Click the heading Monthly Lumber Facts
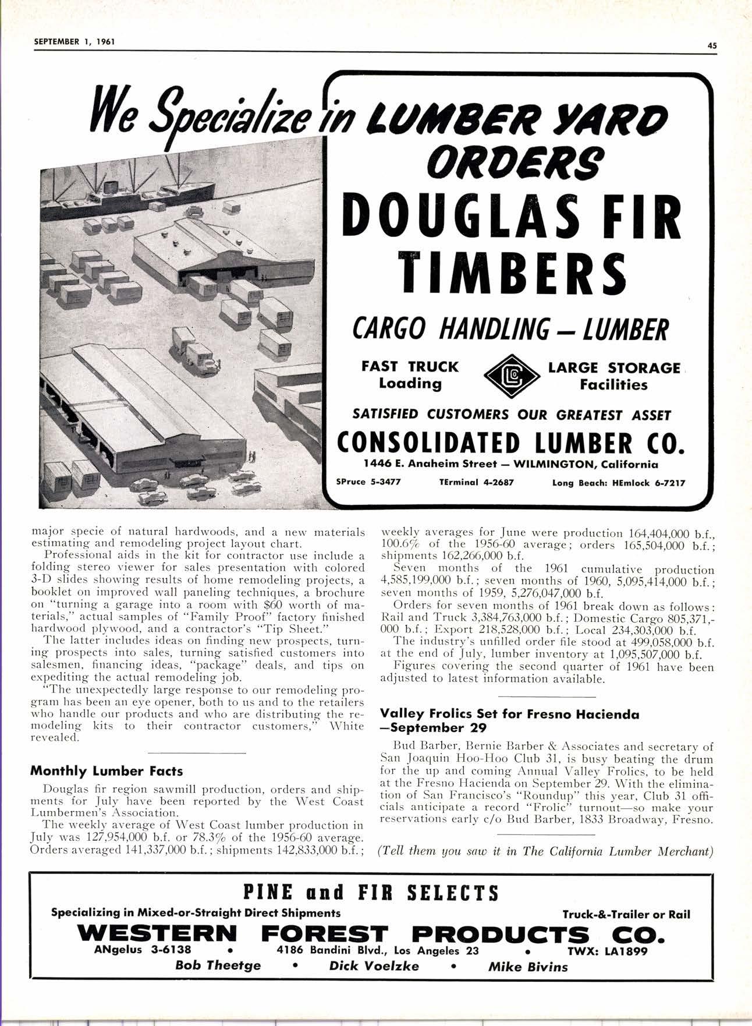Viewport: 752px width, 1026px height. point(106,771)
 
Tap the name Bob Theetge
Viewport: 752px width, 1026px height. point(218,965)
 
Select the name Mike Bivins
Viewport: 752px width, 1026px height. point(527,967)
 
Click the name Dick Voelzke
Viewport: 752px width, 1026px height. point(374,965)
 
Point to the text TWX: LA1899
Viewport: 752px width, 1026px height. point(607,951)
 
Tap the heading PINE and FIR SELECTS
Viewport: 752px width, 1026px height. point(370,892)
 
